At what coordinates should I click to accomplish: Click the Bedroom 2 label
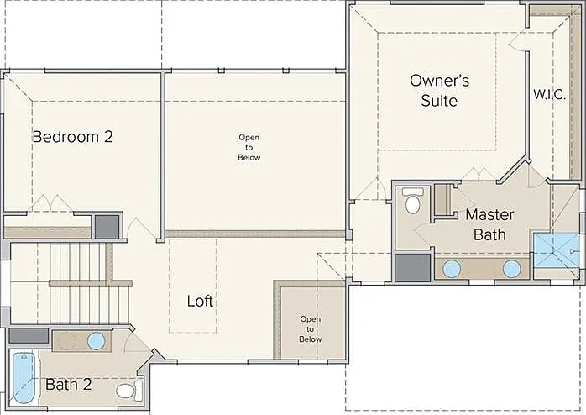pos(72,137)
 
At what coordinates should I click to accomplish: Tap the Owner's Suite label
pos(440,91)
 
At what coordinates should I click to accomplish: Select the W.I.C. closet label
pos(549,94)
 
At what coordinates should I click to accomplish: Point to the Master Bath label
pos(489,224)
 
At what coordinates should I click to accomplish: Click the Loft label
pos(200,301)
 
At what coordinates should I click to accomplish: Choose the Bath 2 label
pos(69,385)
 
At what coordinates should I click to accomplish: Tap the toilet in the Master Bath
pos(412,201)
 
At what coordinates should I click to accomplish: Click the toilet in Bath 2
pos(129,391)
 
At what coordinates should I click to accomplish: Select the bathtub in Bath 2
pos(24,377)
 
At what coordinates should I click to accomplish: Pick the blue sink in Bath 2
pos(97,341)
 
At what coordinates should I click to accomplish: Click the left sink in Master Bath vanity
pos(452,269)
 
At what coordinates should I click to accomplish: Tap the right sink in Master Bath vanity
pos(511,269)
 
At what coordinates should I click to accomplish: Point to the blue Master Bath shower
pos(556,250)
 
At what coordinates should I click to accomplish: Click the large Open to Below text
pos(249,147)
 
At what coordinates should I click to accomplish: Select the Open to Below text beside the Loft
pos(310,329)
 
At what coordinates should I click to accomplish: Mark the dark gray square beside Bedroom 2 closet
pos(107,227)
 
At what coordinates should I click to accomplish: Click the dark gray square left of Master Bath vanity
pos(413,268)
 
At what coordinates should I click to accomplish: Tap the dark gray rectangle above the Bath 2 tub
pos(29,335)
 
